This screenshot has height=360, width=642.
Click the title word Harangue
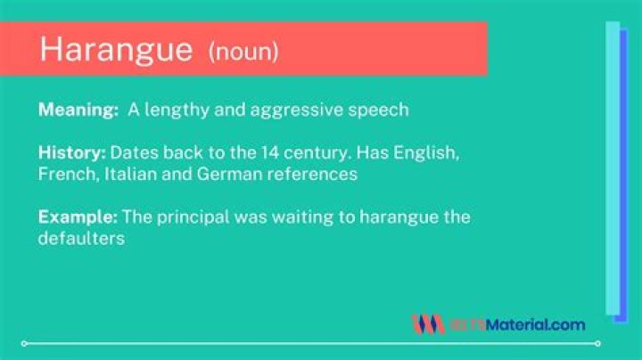point(116,49)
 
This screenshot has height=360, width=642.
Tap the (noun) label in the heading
point(243,51)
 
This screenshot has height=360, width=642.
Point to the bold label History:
point(71,153)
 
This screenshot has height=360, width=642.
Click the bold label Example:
point(78,217)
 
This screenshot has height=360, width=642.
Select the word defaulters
point(79,239)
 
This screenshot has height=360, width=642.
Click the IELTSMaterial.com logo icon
point(427,323)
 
